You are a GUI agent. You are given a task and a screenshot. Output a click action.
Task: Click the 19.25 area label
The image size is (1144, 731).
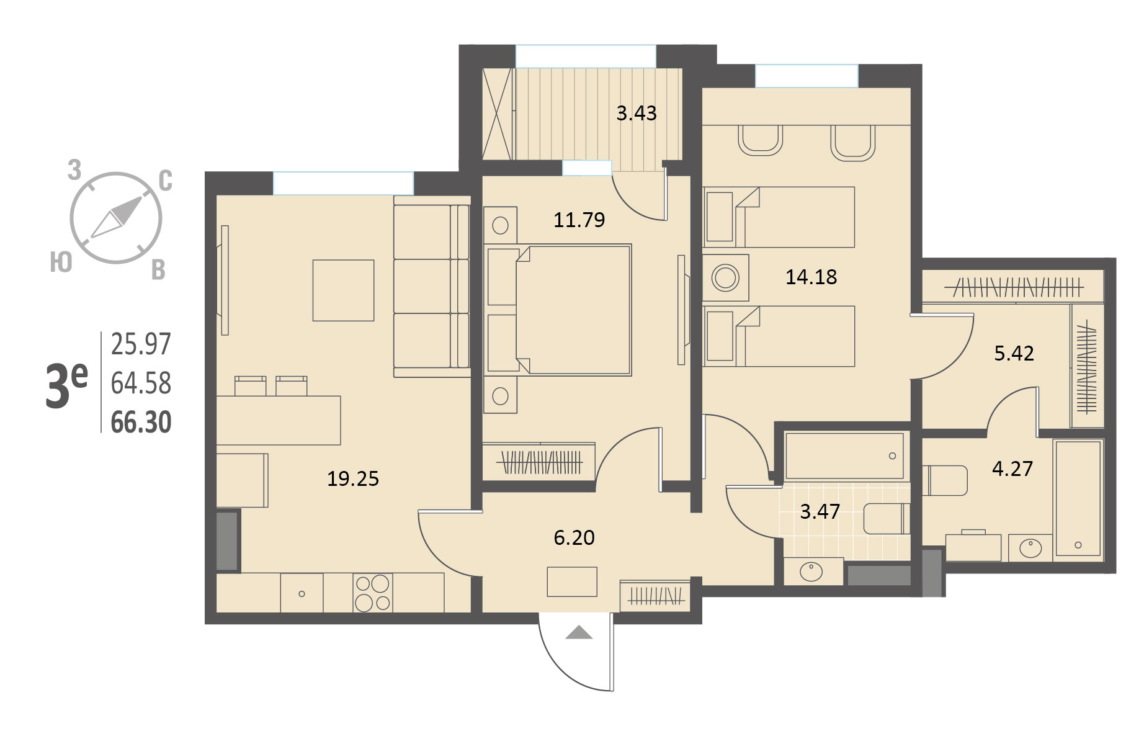pyautogui.click(x=352, y=478)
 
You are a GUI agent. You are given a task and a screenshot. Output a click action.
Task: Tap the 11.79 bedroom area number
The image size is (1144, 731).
pyautogui.click(x=579, y=220)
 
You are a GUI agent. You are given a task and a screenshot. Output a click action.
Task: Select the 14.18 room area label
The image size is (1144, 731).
pyautogui.click(x=811, y=277)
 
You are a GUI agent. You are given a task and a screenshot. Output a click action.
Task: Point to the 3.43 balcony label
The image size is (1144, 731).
pyautogui.click(x=636, y=113)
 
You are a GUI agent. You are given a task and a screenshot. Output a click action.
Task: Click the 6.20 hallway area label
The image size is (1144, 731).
pyautogui.click(x=574, y=537)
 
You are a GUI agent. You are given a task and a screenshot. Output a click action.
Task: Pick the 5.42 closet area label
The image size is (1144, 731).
pyautogui.click(x=1014, y=353)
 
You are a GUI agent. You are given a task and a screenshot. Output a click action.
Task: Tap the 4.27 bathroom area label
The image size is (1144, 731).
pyautogui.click(x=1012, y=469)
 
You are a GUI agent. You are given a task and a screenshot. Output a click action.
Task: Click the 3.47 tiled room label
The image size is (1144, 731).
pyautogui.click(x=820, y=511)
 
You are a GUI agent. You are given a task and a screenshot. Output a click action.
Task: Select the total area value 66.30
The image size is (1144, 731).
pyautogui.click(x=141, y=423)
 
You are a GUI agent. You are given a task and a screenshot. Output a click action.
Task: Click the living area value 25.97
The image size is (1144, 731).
pyautogui.click(x=141, y=344)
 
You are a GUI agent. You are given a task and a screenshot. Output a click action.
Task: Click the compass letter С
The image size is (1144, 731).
pyautogui.click(x=165, y=181)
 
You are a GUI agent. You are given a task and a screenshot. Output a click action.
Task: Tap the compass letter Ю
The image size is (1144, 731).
pyautogui.click(x=61, y=263)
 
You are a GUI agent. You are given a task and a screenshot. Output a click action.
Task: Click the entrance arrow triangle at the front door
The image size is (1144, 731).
pyautogui.click(x=579, y=632)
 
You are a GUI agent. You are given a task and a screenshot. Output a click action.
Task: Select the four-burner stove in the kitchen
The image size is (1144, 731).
pyautogui.click(x=372, y=593)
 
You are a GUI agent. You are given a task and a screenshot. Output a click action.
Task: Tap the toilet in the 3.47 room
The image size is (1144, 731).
pyautogui.click(x=887, y=519)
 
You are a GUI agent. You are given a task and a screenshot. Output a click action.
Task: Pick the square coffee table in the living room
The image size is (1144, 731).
pyautogui.click(x=343, y=290)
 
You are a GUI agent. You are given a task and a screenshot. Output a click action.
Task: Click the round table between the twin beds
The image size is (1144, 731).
pyautogui.click(x=725, y=277)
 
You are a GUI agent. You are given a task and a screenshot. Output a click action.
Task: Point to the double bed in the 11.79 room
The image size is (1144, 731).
pyautogui.click(x=558, y=310)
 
